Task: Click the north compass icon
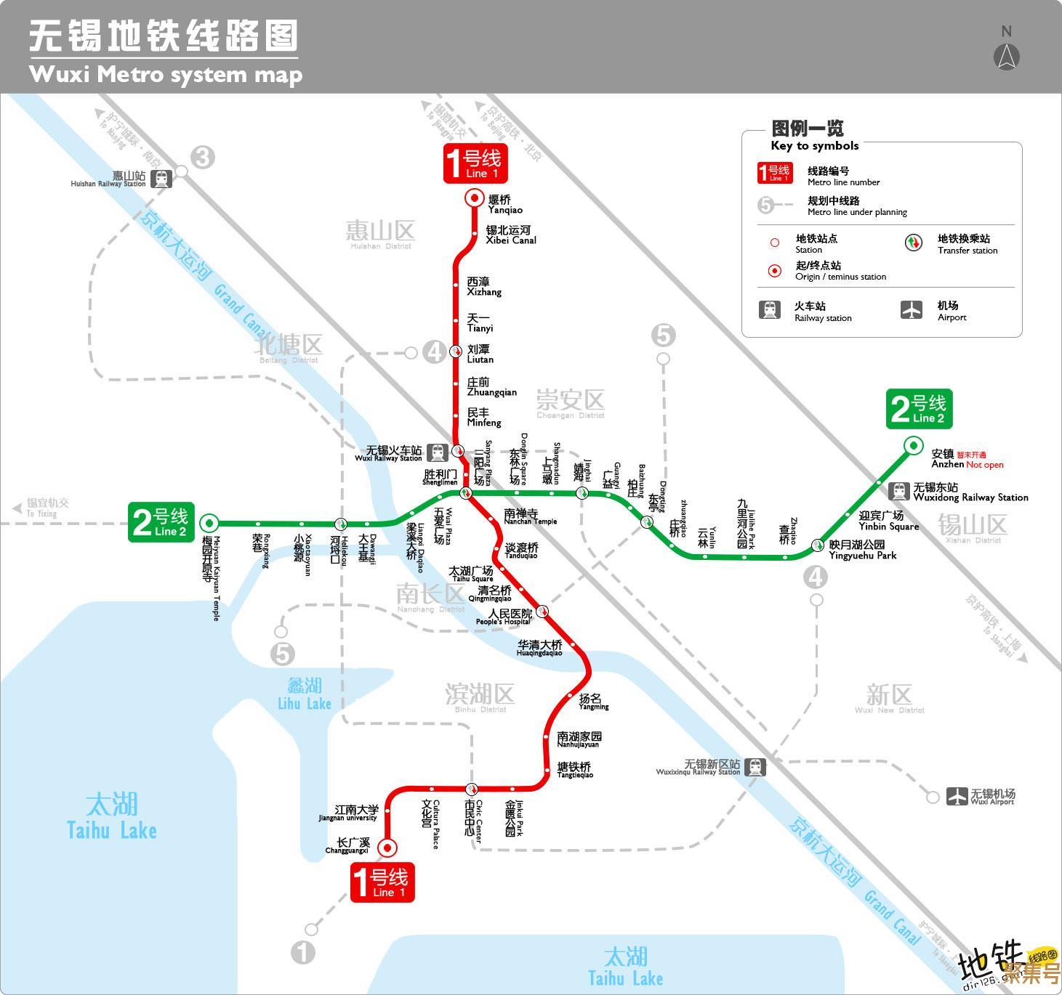[x=1006, y=56]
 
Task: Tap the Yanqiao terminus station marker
[x=475, y=198]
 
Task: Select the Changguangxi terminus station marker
[x=387, y=847]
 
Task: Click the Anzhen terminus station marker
[x=913, y=445]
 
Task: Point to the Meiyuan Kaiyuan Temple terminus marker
[x=209, y=522]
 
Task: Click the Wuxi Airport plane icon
[x=957, y=796]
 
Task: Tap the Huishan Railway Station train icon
[x=161, y=178]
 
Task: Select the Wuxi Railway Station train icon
[x=437, y=452]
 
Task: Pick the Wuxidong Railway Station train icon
[x=899, y=491]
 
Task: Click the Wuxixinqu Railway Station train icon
[x=755, y=767]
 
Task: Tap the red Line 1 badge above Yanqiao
[x=475, y=164]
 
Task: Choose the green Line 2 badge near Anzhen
[x=919, y=409]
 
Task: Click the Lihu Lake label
[x=305, y=694]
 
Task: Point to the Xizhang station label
[x=483, y=286]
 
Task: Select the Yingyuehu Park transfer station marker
[x=818, y=545]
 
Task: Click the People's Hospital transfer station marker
[x=542, y=611]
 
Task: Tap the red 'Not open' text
[x=985, y=465]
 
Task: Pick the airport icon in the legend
[x=911, y=310]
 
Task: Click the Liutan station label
[x=480, y=354]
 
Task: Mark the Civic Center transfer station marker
[x=471, y=789]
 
